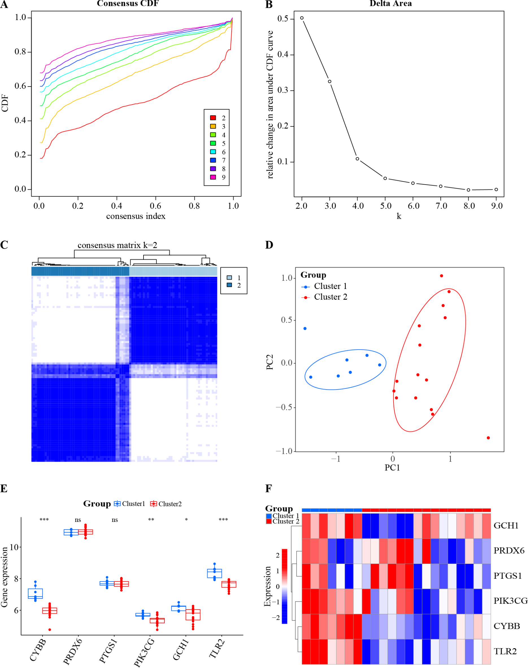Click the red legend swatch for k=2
[213, 118]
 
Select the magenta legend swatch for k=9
[213, 177]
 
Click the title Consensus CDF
[128, 4]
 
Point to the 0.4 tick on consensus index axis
[117, 205]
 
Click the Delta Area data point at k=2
[302, 18]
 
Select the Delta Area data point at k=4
[357, 159]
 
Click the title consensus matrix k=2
[117, 246]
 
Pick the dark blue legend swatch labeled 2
[229, 285]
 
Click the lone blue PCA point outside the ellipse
[305, 329]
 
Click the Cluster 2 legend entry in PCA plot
[330, 297]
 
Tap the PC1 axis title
[392, 468]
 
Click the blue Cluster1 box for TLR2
[214, 573]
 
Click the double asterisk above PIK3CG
[151, 520]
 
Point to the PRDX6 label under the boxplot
[73, 652]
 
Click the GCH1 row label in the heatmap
[506, 526]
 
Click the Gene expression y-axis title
[4, 577]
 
